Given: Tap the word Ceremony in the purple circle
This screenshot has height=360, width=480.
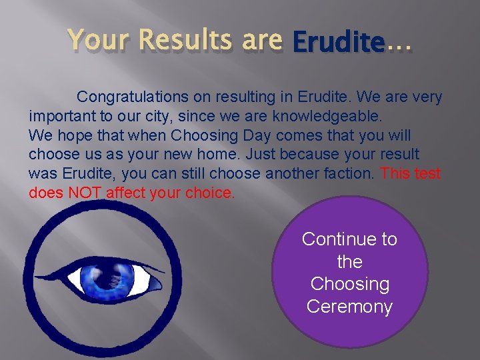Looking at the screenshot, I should pos(349,307).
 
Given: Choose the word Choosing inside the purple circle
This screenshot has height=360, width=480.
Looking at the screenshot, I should pos(349,284).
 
